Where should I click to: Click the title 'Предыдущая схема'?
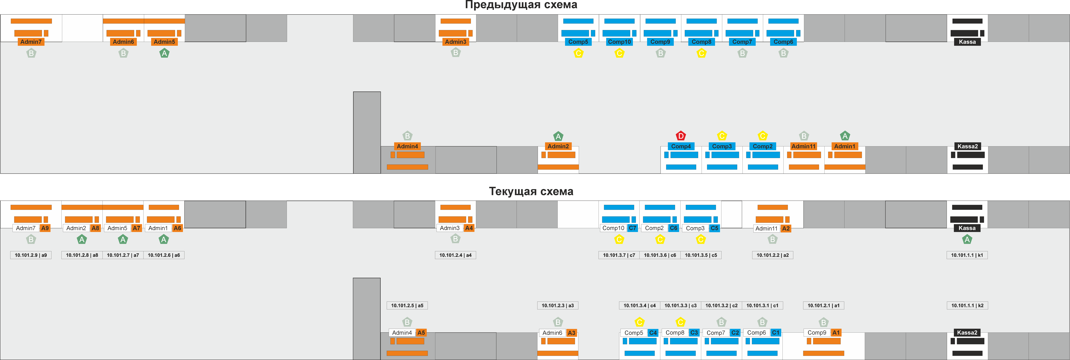[521, 5]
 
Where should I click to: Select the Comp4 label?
[681, 146]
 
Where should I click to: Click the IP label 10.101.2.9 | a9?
[31, 255]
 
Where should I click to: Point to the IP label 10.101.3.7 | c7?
[619, 255]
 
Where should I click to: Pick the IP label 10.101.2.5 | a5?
[407, 305]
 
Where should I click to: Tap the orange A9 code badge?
[45, 228]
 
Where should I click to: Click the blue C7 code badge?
[632, 228]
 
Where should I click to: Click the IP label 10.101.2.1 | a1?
[823, 305]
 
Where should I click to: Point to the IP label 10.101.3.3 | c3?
[680, 305]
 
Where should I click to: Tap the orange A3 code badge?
[572, 333]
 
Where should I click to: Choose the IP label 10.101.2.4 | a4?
[455, 255]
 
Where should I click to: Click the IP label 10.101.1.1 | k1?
[967, 255]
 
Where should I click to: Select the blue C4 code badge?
[653, 333]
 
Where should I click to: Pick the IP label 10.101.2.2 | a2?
[773, 255]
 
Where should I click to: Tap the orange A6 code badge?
[177, 228]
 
